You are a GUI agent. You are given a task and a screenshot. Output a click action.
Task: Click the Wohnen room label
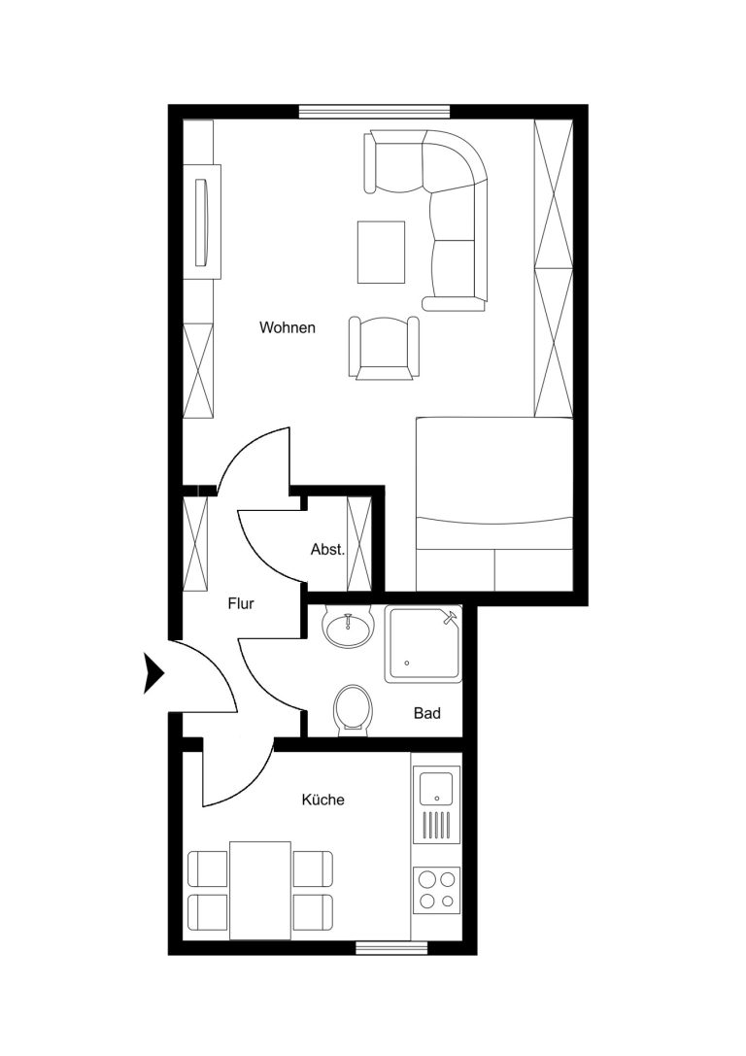coord(288,328)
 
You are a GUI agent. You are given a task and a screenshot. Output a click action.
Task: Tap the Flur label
coord(240,603)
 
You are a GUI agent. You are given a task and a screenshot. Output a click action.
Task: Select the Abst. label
coord(327,550)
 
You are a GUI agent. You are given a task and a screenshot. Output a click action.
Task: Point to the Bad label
coord(426,713)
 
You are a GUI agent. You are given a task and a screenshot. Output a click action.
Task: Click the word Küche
coord(323,800)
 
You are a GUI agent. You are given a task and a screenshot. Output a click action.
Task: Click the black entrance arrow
coord(154,673)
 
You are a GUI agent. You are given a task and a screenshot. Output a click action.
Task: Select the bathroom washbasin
coord(348,627)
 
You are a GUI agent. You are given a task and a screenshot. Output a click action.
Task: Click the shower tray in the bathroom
coord(424,644)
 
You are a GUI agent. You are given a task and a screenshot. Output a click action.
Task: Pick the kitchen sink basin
coord(436,789)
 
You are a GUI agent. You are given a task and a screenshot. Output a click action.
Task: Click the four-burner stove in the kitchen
coord(436,890)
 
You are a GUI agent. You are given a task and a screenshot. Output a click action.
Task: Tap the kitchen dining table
coord(260,890)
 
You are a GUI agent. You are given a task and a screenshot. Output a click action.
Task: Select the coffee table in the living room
coord(381,253)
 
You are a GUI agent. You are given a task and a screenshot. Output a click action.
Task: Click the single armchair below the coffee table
coord(384,348)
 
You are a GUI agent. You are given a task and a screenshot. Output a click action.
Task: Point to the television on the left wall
coord(202,222)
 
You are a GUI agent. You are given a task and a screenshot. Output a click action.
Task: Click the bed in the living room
coord(494,504)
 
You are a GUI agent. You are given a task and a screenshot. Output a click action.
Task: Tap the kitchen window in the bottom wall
coord(391,947)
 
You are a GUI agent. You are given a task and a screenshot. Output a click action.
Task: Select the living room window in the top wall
coord(374,112)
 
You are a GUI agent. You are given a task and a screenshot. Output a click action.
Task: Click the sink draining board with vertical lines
coord(436,826)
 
